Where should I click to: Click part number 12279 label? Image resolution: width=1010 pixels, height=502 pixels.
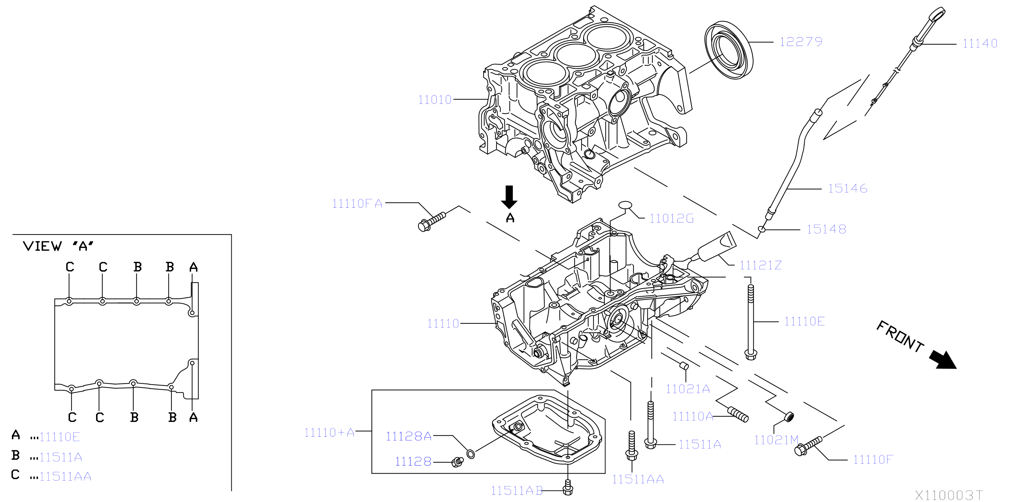pos(801,42)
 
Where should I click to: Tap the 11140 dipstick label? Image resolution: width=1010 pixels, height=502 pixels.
pos(980,43)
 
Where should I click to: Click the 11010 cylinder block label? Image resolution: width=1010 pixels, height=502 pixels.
pos(435,99)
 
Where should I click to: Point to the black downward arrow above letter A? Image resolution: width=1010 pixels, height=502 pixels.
pos(509,197)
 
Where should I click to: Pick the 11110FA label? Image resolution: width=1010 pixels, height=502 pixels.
pos(357,204)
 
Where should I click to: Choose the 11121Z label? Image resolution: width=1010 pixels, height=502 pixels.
pos(760,265)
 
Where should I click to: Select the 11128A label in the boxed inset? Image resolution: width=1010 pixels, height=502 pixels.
pos(409,436)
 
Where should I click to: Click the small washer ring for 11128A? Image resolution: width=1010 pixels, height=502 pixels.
pos(471,455)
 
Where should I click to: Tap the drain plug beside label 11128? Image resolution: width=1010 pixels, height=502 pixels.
pos(457,462)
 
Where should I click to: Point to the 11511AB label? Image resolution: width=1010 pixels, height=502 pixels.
pos(517,490)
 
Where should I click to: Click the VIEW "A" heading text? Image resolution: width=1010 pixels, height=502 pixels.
pos(58,246)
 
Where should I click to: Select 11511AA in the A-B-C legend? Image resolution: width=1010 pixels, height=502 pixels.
pos(65,477)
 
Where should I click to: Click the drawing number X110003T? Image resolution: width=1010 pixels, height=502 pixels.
pos(949,495)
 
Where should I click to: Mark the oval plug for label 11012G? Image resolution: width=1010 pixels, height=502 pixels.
pos(625,205)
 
